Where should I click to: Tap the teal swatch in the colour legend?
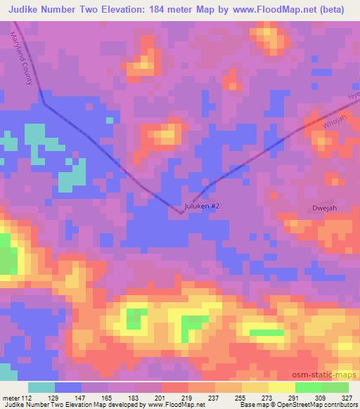(x=41, y=387)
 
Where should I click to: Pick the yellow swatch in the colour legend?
(x=281, y=387)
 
